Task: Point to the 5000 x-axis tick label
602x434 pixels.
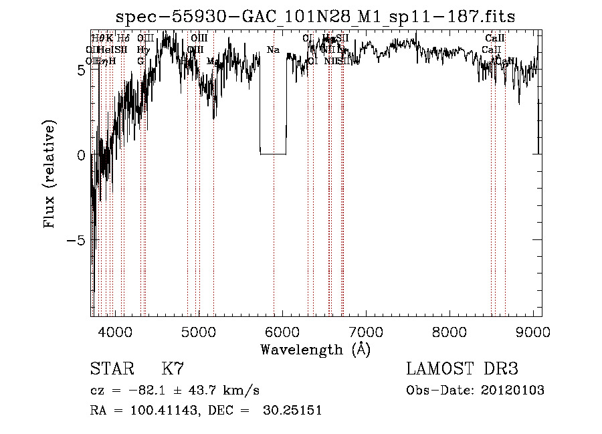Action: pos(198,332)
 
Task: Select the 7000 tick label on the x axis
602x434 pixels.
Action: pos(366,332)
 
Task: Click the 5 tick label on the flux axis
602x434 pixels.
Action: pos(81,70)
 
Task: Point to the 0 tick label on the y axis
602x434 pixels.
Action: pos(81,155)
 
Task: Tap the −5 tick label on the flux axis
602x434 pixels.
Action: pos(77,240)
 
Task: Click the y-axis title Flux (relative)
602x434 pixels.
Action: pos(49,174)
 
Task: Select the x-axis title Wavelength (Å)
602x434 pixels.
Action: pos(315,350)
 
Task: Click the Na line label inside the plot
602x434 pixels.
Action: pos(273,50)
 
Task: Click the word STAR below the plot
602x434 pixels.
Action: pos(112,369)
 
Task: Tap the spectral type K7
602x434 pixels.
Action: pos(173,369)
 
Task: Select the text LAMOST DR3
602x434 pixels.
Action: pos(462,369)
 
